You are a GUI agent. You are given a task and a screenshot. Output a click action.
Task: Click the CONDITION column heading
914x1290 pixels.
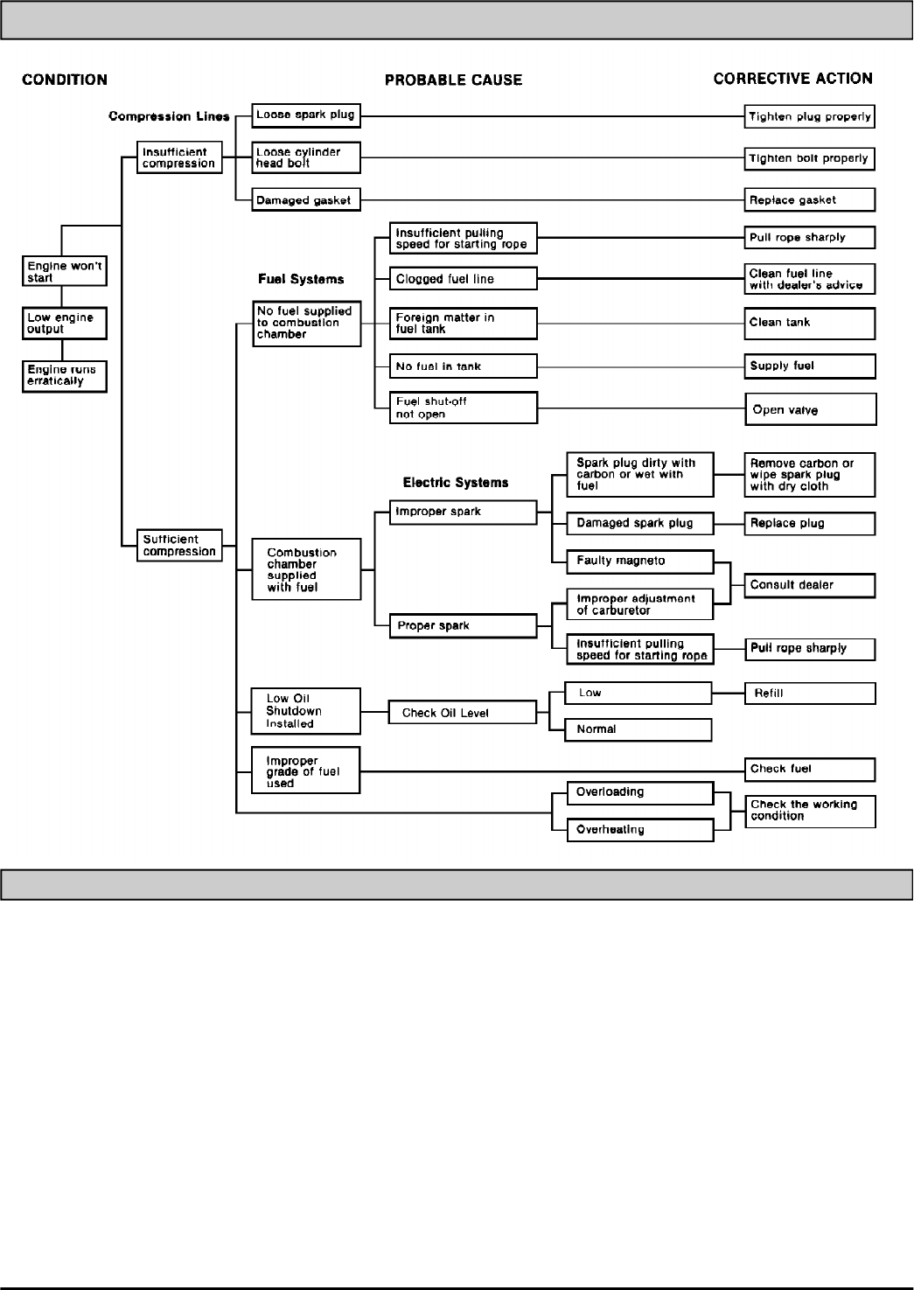pos(65,80)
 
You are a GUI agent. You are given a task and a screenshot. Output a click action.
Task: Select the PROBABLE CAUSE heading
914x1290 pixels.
pos(453,80)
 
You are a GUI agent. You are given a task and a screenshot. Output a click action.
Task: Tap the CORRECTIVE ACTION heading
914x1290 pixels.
pos(792,79)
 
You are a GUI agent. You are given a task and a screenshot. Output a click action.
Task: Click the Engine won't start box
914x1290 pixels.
pos(65,271)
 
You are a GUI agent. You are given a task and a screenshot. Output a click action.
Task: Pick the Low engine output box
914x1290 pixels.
pos(65,323)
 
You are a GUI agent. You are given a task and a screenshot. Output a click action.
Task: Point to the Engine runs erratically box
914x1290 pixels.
pos(65,375)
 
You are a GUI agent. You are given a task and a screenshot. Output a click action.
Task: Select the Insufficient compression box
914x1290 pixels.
pos(178,157)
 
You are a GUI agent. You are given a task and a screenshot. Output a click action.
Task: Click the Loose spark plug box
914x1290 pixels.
pos(306,115)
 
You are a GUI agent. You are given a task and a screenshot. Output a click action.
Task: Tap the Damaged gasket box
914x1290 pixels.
pos(306,200)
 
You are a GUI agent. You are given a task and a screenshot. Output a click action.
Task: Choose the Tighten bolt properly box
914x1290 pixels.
pos(809,158)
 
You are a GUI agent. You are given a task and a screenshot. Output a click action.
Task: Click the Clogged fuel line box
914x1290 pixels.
pos(464,279)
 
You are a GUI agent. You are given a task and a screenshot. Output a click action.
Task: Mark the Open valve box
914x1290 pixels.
pos(810,409)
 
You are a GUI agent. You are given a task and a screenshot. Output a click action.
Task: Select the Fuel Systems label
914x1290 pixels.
pos(301,279)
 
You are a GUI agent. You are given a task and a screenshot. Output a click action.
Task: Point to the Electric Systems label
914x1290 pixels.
pos(455,482)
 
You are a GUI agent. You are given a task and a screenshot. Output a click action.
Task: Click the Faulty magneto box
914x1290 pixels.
pos(640,561)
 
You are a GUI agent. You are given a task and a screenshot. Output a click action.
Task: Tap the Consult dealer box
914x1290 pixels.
pos(809,585)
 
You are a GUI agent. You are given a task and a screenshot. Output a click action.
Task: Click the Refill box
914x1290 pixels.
pos(809,694)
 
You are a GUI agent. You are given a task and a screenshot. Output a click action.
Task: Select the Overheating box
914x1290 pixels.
pos(640,829)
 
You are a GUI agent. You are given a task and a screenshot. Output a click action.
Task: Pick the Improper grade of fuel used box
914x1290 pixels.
pos(305,771)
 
